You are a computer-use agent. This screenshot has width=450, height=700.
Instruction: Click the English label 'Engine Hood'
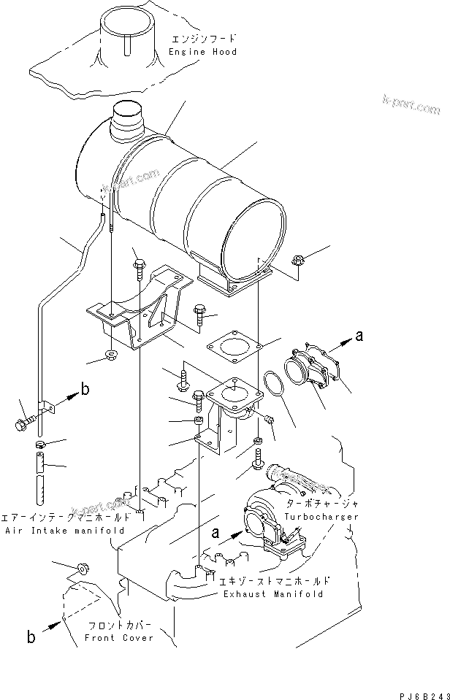tap(202, 52)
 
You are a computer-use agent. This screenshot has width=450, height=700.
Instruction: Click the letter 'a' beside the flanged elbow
tap(359, 335)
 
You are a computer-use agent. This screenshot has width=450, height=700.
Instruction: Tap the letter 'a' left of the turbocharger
tap(216, 533)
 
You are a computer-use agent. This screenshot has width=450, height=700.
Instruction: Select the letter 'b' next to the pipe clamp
tap(85, 390)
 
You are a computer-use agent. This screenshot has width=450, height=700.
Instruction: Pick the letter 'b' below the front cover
tap(31, 636)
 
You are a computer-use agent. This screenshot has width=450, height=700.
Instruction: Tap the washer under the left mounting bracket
tap(112, 355)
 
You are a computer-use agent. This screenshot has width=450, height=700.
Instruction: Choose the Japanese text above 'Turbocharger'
tap(321, 504)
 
